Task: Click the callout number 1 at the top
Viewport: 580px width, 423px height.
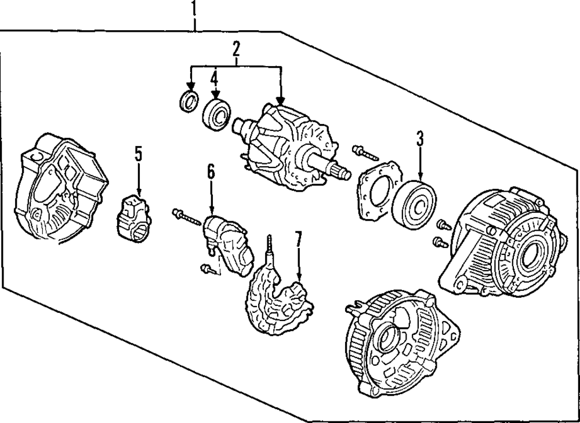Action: [194, 9]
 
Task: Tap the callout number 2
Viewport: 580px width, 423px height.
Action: [236, 50]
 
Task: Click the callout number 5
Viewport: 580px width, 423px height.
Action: [138, 154]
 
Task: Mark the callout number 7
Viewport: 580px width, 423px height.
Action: [298, 239]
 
